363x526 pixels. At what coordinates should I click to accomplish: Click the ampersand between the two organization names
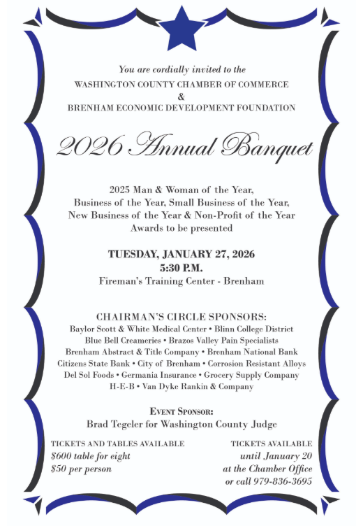coord(181,95)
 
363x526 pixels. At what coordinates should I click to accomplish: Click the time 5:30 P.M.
coord(181,267)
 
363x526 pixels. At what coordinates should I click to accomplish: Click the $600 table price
coord(66,456)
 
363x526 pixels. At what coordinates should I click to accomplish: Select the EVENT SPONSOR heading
coord(181,411)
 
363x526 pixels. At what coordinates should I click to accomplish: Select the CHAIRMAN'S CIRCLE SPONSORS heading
coord(181,316)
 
